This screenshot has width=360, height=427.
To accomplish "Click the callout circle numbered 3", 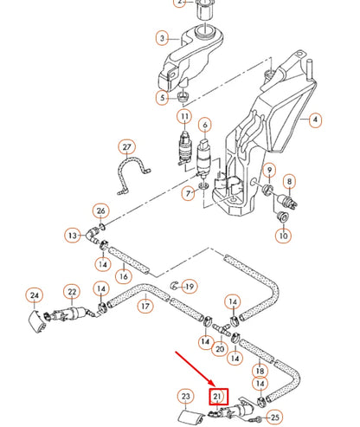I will tap(162, 38).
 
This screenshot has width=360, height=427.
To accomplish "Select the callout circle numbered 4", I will tap(314, 120).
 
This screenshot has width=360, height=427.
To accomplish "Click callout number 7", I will tap(189, 193).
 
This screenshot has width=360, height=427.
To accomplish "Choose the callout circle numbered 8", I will tap(291, 182).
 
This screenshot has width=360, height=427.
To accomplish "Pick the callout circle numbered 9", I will tap(270, 169).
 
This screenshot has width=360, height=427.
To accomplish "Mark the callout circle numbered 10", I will tap(283, 235).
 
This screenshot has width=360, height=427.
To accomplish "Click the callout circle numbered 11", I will tap(184, 116).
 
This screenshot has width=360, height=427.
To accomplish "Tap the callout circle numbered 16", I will tap(124, 276).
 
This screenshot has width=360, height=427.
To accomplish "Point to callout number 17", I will tap(146, 306).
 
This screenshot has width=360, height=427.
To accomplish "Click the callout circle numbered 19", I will tap(190, 286).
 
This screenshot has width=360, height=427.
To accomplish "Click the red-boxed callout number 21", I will tap(217, 397).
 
